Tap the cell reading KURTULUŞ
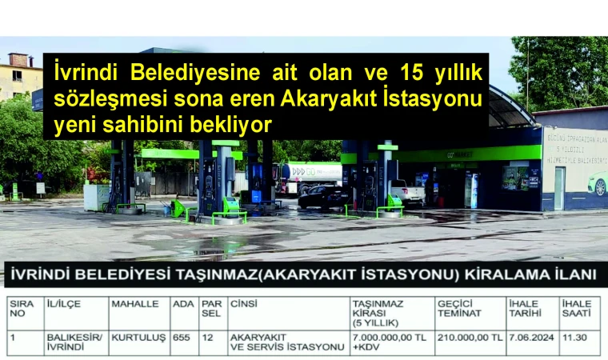tap(138, 338)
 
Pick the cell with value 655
tap(182, 338)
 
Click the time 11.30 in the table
tap(574, 338)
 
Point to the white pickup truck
tap(409, 192)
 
